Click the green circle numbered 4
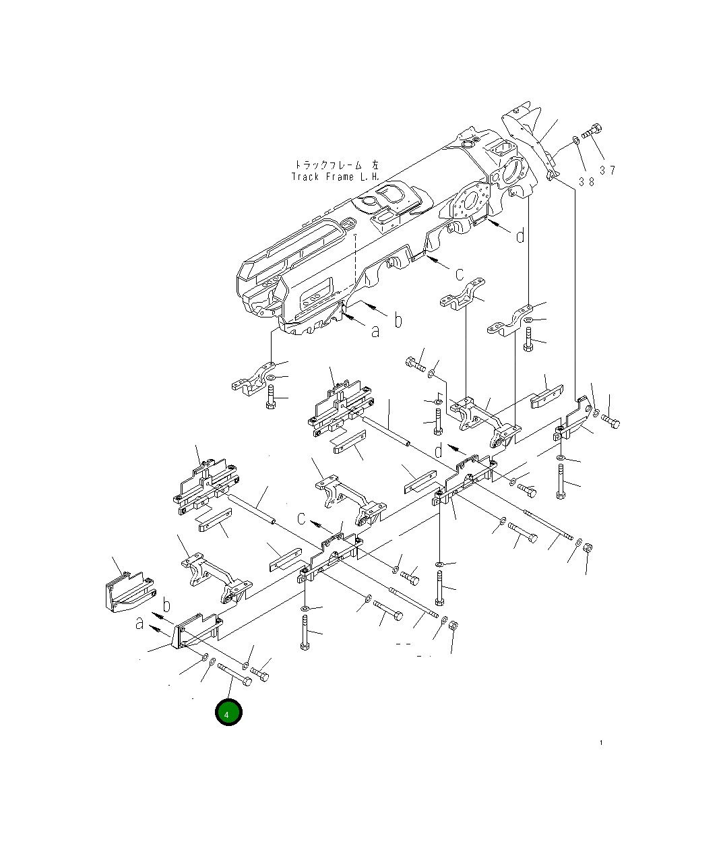click(x=228, y=713)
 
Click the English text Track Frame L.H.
click(x=336, y=177)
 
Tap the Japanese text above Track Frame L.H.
click(x=336, y=164)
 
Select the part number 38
click(x=586, y=182)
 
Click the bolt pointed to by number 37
click(x=592, y=132)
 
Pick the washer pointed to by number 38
click(x=575, y=140)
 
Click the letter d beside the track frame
click(x=520, y=236)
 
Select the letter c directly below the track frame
click(x=459, y=274)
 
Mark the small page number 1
click(x=601, y=743)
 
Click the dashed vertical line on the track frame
click(x=354, y=263)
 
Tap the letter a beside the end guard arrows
click(x=139, y=624)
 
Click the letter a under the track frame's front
click(x=375, y=330)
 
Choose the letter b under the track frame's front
click(x=398, y=320)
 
